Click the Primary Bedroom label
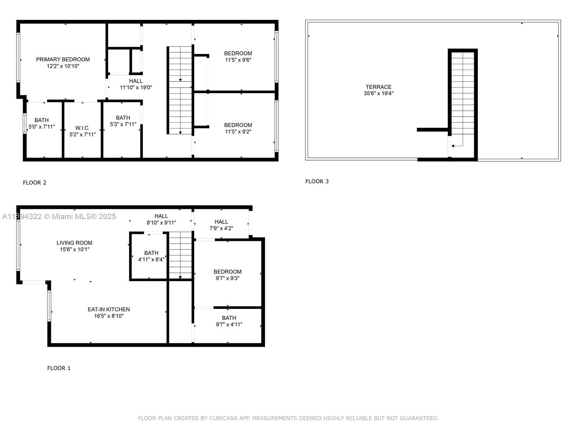[x=63, y=60]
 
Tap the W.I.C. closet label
[x=83, y=128]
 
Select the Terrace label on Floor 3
[x=379, y=87]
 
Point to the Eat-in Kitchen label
[x=109, y=310]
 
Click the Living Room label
[x=74, y=243]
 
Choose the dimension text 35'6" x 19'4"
[x=379, y=93]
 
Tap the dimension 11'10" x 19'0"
[x=136, y=88]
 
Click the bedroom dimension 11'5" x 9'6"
[x=238, y=60]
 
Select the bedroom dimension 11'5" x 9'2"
[x=238, y=132]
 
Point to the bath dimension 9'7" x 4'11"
[x=229, y=324]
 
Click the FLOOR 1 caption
[x=59, y=368]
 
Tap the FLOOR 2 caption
[x=34, y=183]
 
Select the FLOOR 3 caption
[x=317, y=181]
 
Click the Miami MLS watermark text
[x=59, y=216]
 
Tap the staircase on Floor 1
[x=180, y=255]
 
